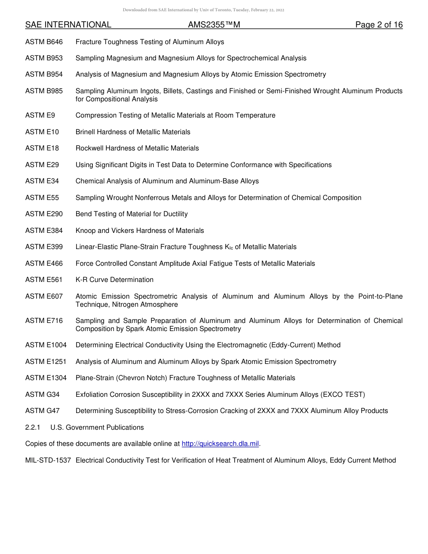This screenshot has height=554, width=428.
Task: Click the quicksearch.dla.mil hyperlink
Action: (x=220, y=444)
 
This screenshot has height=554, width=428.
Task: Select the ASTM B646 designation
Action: (x=44, y=42)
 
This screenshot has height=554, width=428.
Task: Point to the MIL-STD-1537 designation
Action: (x=48, y=460)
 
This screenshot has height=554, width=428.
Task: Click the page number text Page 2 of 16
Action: (x=378, y=25)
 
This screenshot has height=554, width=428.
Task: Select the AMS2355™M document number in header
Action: (x=214, y=25)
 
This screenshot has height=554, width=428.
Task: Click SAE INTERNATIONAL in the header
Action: (x=68, y=25)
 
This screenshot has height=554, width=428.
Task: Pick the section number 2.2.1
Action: (x=33, y=427)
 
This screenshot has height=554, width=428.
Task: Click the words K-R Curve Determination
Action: (x=114, y=280)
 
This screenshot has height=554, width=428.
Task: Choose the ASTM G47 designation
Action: (x=42, y=411)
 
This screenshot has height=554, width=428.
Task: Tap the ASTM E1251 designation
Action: (x=46, y=362)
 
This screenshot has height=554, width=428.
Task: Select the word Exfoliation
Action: (x=92, y=395)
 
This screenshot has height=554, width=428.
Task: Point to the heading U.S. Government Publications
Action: (x=97, y=427)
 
